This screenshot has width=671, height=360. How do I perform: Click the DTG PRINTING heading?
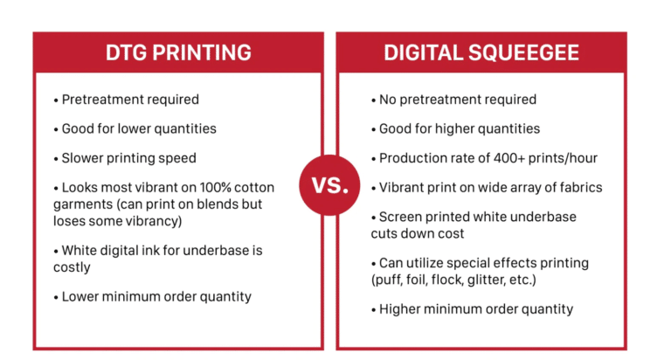pos(178,52)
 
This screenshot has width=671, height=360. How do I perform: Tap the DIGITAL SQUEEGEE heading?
pos(481,52)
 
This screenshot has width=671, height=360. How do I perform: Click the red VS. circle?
pos(329,185)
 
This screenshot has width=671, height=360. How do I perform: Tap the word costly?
pos(72,267)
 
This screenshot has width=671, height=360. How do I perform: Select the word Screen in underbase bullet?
pos(399,217)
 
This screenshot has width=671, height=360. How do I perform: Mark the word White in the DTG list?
pos(80,251)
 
